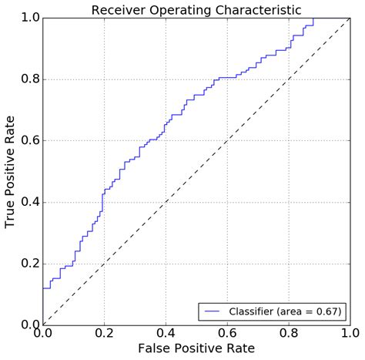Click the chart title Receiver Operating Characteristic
(x=196, y=10)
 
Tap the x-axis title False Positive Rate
(x=196, y=348)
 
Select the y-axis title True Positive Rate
(x=11, y=171)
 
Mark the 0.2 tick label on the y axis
(x=29, y=263)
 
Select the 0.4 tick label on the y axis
(x=29, y=202)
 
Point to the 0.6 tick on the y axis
(x=29, y=140)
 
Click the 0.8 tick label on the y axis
(x=29, y=79)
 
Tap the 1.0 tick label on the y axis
(x=29, y=18)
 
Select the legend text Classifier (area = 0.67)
(x=283, y=311)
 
